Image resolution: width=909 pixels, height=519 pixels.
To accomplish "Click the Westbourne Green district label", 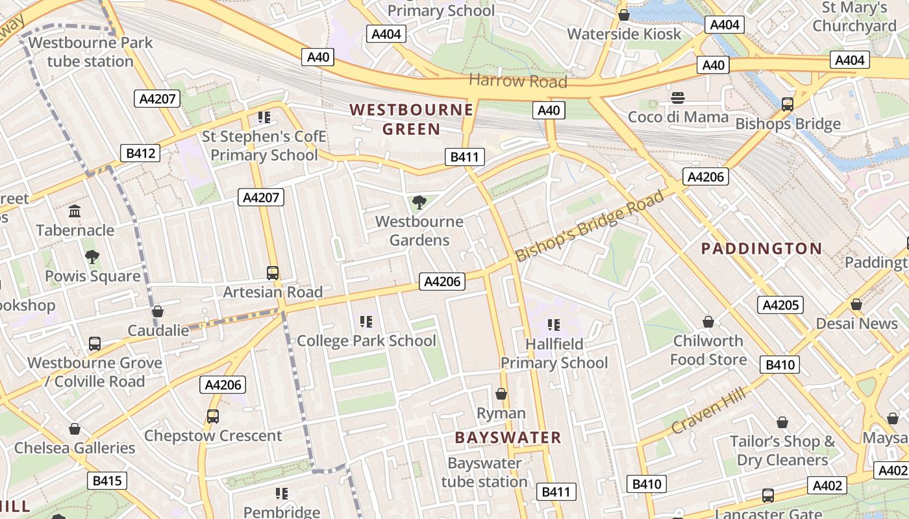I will (411, 119).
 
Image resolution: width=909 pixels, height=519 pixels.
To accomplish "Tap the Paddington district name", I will (762, 248).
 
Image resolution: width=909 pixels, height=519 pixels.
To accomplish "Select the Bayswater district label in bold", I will (508, 437).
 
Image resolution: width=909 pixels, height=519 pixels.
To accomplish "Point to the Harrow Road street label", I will (517, 81).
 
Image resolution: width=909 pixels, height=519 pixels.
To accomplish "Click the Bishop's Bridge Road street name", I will (590, 224).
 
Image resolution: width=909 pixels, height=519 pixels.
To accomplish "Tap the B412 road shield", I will (140, 153).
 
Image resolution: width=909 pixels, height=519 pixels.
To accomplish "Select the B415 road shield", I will (106, 481).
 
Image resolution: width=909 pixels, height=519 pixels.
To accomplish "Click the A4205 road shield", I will (780, 305).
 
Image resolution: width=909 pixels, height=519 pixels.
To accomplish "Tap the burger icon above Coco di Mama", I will (678, 98).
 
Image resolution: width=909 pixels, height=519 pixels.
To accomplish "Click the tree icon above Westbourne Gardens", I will (419, 202).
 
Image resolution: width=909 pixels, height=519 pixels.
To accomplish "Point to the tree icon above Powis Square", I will (92, 257).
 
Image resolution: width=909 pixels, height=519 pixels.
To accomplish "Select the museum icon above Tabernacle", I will (75, 211).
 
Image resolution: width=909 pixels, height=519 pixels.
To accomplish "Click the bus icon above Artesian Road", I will (273, 273).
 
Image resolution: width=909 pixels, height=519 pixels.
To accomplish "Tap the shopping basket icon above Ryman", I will (501, 394).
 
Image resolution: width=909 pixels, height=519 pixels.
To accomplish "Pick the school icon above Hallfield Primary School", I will (554, 324).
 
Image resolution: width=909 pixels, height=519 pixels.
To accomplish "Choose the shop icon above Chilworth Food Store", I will (708, 322).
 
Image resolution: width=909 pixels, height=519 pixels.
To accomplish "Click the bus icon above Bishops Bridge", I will (788, 104).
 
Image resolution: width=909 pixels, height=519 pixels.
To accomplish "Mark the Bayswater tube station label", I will (484, 472).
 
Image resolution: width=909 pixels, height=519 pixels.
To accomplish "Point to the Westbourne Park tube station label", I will (90, 52).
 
